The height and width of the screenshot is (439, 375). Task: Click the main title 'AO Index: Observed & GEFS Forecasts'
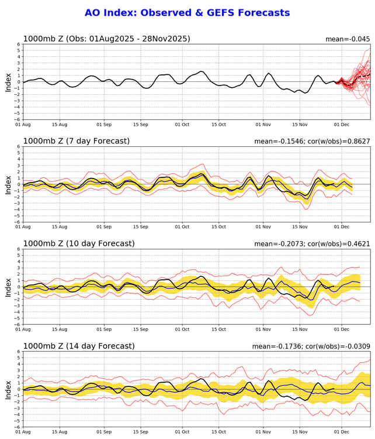click(187, 12)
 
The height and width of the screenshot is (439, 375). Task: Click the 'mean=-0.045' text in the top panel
click(348, 39)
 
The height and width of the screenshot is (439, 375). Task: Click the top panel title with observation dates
click(106, 39)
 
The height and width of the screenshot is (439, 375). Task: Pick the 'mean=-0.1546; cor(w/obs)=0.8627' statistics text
click(312, 142)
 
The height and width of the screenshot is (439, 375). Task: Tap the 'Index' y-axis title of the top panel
click(8, 82)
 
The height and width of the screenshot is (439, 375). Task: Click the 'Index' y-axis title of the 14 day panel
click(8, 389)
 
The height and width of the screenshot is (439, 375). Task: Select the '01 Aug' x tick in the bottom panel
click(24, 431)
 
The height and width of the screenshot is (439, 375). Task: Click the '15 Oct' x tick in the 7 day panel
click(218, 227)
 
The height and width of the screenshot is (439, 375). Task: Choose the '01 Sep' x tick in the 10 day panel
click(104, 329)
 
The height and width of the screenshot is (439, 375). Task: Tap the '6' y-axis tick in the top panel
click(19, 44)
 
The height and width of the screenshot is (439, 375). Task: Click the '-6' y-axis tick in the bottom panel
click(18, 427)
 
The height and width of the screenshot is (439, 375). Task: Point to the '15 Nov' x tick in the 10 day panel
click(300, 329)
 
